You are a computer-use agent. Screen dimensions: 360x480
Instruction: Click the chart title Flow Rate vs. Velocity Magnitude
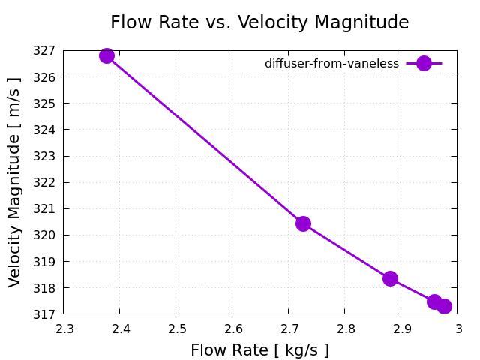[259, 22]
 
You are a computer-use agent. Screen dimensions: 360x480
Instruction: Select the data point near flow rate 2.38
[106, 55]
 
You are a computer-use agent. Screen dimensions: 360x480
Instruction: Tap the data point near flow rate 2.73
[303, 223]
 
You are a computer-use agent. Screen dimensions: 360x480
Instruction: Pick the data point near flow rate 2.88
[390, 278]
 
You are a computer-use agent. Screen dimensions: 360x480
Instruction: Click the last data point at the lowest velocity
[444, 306]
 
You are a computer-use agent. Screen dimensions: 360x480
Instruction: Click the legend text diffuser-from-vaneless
[331, 64]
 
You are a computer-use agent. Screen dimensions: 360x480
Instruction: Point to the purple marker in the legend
[424, 64]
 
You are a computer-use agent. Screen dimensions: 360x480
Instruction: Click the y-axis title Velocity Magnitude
[15, 182]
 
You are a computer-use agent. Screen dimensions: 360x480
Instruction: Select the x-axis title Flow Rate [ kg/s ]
[259, 350]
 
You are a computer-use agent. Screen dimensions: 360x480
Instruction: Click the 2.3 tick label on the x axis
[64, 328]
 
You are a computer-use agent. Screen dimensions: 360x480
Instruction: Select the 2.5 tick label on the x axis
[176, 328]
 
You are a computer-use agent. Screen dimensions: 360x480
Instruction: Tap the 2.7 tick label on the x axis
[289, 328]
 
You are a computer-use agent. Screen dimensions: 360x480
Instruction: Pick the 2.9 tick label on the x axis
[401, 328]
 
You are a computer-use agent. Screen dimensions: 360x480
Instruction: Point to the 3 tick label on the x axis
[457, 328]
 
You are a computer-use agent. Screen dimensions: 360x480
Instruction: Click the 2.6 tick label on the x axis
[232, 328]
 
